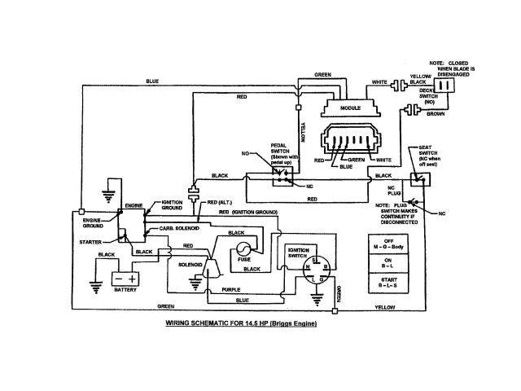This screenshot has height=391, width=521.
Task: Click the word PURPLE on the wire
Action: tap(230, 289)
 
